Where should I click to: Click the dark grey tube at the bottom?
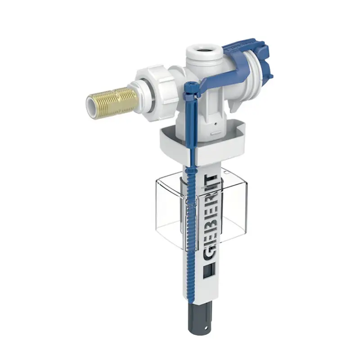(x=198, y=315)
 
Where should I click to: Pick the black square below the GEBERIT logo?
(x=207, y=273)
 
